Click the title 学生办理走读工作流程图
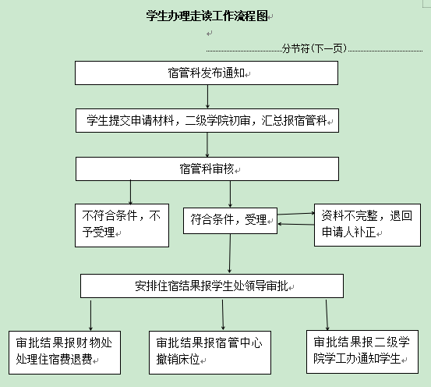pos(207,16)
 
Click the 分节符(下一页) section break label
pos(314,48)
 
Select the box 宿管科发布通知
pos(207,73)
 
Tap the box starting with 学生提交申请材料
pos(207,121)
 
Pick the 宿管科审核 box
pos(207,169)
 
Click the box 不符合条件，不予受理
pos(122,225)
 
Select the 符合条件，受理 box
pos(231,221)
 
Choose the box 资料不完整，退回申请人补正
pos(367,225)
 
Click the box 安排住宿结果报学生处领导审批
pos(212,286)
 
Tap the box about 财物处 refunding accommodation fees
pos(65,353)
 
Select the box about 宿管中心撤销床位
pos(210,353)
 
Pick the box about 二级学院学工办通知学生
pos(362,352)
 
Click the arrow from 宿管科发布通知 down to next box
pos(207,97)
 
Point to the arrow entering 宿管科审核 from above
pos(207,145)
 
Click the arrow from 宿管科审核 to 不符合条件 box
pos(130,192)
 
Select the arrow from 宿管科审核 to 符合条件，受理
pos(231,194)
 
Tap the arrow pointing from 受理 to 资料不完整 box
pos(295,213)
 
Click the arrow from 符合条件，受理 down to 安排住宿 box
pos(230,254)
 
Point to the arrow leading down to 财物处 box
pos(90,315)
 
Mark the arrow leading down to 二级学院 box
pos(327,315)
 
